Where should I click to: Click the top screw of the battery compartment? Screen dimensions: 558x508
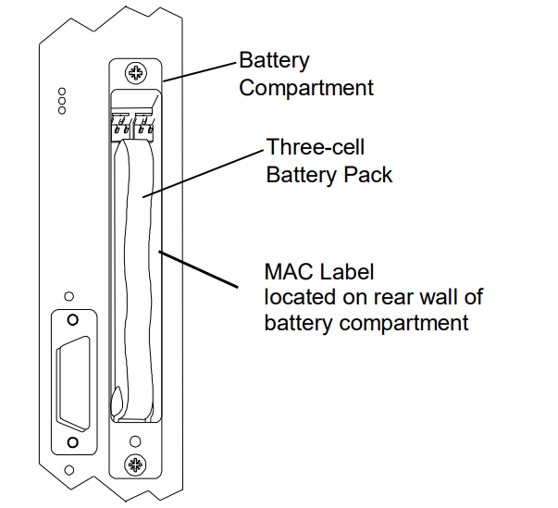[136, 73]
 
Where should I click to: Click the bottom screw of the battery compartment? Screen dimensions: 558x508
[136, 465]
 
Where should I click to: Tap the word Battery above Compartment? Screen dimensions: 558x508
[274, 61]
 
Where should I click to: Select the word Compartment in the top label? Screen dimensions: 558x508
[306, 88]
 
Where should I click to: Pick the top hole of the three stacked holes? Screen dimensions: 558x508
[62, 92]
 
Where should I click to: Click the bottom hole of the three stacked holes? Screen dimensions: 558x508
[62, 111]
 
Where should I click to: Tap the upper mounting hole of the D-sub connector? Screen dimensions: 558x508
[72, 320]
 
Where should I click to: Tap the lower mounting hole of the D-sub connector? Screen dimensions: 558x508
[72, 442]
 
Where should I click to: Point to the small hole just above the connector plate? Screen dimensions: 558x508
[69, 296]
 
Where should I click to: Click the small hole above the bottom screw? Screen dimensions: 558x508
[135, 441]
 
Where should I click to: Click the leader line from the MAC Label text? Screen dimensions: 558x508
[198, 269]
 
